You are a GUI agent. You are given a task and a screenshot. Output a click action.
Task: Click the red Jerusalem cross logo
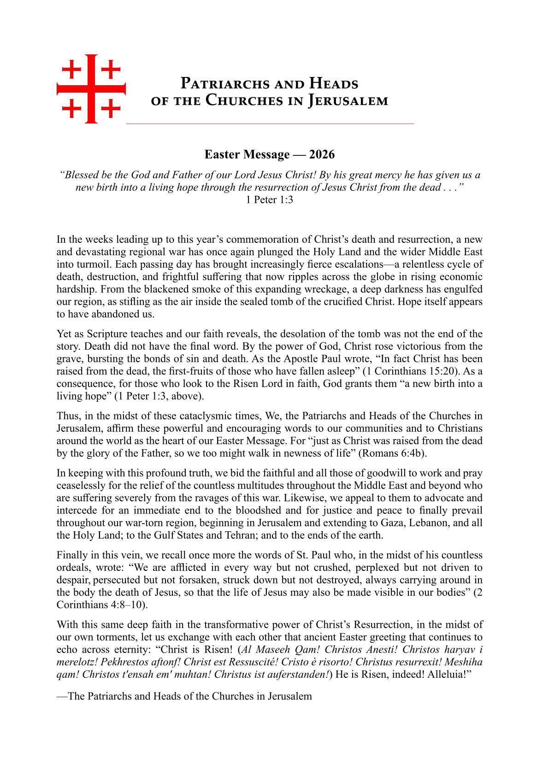91,89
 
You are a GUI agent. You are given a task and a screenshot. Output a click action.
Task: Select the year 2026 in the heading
322,154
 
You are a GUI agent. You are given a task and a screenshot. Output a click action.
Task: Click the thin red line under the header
270,124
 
